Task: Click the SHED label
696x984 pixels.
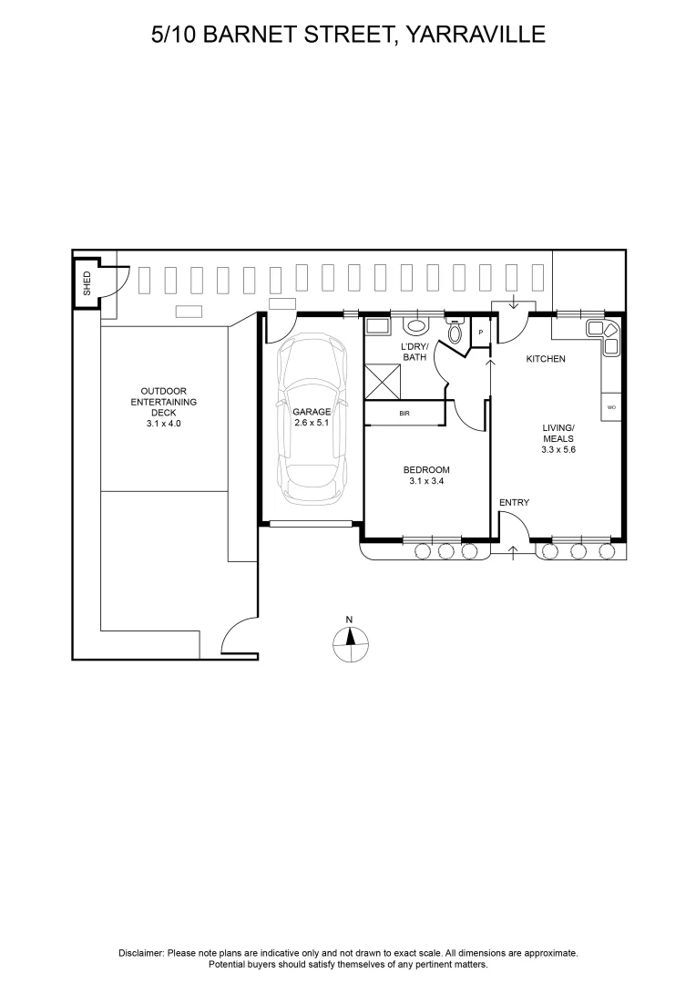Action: [x=87, y=283]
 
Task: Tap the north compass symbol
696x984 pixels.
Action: [x=350, y=642]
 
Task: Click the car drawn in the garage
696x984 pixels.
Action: [x=312, y=421]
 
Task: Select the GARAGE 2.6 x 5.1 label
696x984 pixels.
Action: [x=312, y=417]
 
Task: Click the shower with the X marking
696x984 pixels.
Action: [x=383, y=380]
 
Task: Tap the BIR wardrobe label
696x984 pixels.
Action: [x=404, y=414]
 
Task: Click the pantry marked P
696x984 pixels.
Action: [x=480, y=333]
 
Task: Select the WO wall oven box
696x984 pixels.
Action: [x=611, y=407]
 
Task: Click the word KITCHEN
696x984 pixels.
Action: [x=546, y=359]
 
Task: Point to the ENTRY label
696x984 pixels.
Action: [x=514, y=503]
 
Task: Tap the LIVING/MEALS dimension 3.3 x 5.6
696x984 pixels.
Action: [x=558, y=450]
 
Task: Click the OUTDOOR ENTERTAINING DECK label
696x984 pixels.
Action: [x=164, y=407]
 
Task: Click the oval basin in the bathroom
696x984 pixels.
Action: [x=415, y=325]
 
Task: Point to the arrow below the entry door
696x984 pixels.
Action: [x=513, y=550]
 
